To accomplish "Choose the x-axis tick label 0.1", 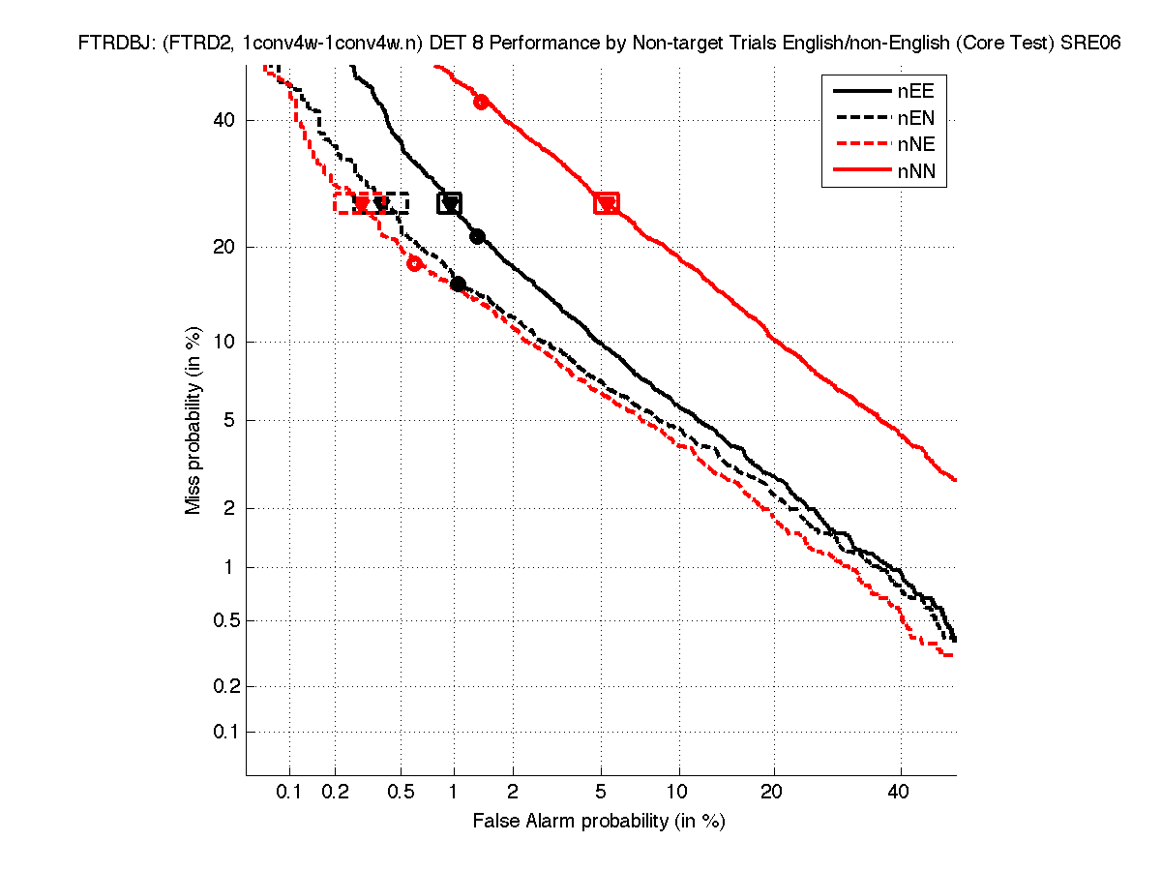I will (x=290, y=792).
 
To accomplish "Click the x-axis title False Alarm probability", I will (x=598, y=821).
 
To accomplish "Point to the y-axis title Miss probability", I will (x=194, y=420).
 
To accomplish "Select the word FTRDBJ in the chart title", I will (x=109, y=44).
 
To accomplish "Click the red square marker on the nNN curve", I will (x=606, y=203).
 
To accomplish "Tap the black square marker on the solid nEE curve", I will (x=449, y=203).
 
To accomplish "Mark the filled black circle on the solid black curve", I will (x=476, y=237).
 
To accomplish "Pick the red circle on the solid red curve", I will (x=480, y=102).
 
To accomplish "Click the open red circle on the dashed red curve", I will (x=414, y=263).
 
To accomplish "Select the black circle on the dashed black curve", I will (x=458, y=285).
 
